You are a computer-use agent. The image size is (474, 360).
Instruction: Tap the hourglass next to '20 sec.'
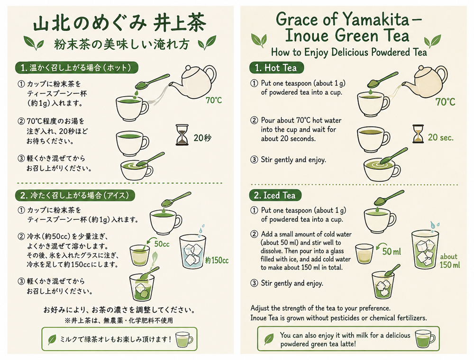click(418, 134)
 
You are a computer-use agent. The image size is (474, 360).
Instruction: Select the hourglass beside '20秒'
click(182, 135)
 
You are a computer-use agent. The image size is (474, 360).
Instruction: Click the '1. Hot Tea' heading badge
click(276, 68)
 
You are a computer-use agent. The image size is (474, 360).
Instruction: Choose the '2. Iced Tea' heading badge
click(275, 196)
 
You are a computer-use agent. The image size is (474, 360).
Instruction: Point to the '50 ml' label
click(392, 251)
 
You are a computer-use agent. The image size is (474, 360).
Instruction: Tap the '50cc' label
click(162, 244)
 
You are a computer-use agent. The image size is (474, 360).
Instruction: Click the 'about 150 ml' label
click(449, 261)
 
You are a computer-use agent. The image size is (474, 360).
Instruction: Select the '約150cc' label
click(217, 260)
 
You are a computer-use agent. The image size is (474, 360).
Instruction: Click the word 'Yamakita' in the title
click(376, 20)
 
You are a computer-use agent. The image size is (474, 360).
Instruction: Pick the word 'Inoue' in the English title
click(308, 36)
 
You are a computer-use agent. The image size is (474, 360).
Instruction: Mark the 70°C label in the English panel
click(445, 102)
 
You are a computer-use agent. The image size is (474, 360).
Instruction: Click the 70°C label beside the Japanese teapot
click(214, 100)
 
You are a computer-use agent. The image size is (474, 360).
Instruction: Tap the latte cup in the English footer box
click(425, 339)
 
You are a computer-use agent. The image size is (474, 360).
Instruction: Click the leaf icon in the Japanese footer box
click(52, 339)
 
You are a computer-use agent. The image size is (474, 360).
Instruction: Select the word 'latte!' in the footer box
click(347, 344)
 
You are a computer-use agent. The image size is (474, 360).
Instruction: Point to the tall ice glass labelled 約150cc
click(192, 252)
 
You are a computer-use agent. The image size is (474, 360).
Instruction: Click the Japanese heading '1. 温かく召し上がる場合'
click(76, 68)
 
